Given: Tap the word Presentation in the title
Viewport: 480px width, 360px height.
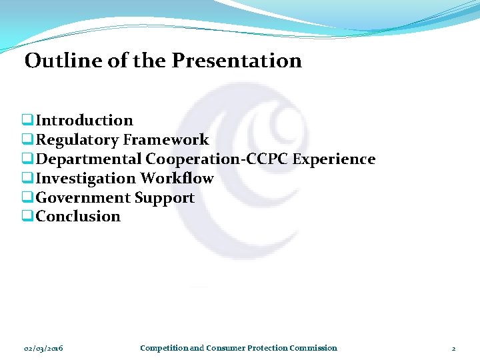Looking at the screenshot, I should [x=237, y=61].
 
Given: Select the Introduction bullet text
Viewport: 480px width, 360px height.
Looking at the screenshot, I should [x=84, y=121].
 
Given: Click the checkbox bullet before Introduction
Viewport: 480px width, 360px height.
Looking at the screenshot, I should [x=27, y=121].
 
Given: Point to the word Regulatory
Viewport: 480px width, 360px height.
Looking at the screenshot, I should [x=77, y=140].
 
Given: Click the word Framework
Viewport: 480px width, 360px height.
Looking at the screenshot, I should [x=166, y=140].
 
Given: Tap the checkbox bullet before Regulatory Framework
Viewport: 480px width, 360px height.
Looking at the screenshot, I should [x=27, y=140].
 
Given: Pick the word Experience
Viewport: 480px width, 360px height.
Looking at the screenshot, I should [x=335, y=159].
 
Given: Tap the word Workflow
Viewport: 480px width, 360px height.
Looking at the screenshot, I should [x=177, y=179].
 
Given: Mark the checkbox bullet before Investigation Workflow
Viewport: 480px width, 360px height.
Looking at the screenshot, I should [x=27, y=179].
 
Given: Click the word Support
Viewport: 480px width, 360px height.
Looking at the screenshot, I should [x=164, y=198].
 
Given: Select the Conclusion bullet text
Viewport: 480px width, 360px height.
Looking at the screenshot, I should [x=78, y=217].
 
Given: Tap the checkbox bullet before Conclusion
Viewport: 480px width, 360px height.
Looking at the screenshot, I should [x=27, y=217].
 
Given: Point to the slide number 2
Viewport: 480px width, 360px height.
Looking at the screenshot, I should [x=453, y=348].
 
